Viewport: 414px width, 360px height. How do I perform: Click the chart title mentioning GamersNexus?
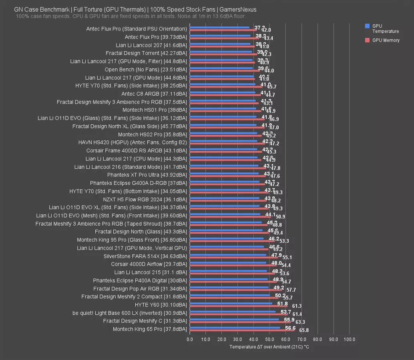tap(135, 9)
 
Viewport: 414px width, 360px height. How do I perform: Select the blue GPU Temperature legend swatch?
tap(367, 26)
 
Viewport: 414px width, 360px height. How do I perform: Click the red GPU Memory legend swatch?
tap(367, 40)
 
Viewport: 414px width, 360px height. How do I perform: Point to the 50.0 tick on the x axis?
tap(269, 340)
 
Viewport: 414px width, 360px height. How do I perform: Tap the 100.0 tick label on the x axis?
tap(349, 340)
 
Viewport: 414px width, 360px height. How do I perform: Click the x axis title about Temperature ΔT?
tap(269, 347)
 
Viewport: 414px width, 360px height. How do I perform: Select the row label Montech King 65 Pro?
tap(150, 329)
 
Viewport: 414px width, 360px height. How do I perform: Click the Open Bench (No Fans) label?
tap(146, 69)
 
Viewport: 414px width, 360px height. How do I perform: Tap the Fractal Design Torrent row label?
tap(146, 53)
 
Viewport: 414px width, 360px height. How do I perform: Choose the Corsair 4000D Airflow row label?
tap(149, 264)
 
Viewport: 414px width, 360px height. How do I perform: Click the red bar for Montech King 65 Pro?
tap(242, 331)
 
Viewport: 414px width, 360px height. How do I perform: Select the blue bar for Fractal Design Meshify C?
tap(234, 319)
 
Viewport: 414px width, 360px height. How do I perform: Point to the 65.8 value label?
tap(304, 331)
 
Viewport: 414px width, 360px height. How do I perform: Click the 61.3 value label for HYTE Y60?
tap(297, 306)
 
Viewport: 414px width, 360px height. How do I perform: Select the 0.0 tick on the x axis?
tap(190, 340)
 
